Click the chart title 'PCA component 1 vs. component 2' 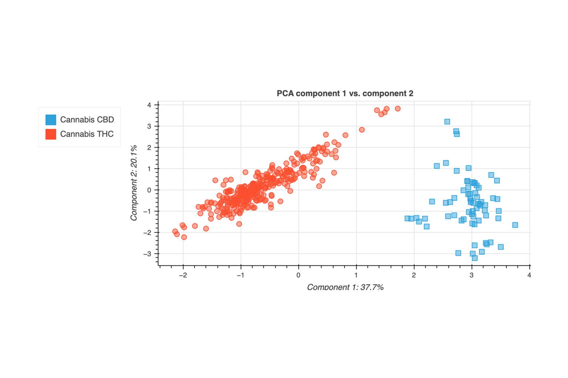point(345,93)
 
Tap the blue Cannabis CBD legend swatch point(51,120)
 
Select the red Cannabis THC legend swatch point(51,134)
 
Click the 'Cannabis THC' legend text point(87,134)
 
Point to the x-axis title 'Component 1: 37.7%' point(345,287)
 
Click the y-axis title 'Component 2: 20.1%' point(134,183)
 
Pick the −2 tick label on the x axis point(183,275)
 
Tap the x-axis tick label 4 point(529,275)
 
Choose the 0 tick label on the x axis point(298,275)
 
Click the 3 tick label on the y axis point(149,126)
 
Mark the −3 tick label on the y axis point(147,254)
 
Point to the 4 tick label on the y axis point(149,105)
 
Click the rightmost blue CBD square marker point(515,225)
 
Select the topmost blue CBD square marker point(447,121)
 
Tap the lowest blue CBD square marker point(475,258)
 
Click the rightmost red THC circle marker point(398,109)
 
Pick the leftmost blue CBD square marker point(407,218)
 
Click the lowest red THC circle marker point(184,237)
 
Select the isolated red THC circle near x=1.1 point(362,130)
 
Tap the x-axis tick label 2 point(414,275)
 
